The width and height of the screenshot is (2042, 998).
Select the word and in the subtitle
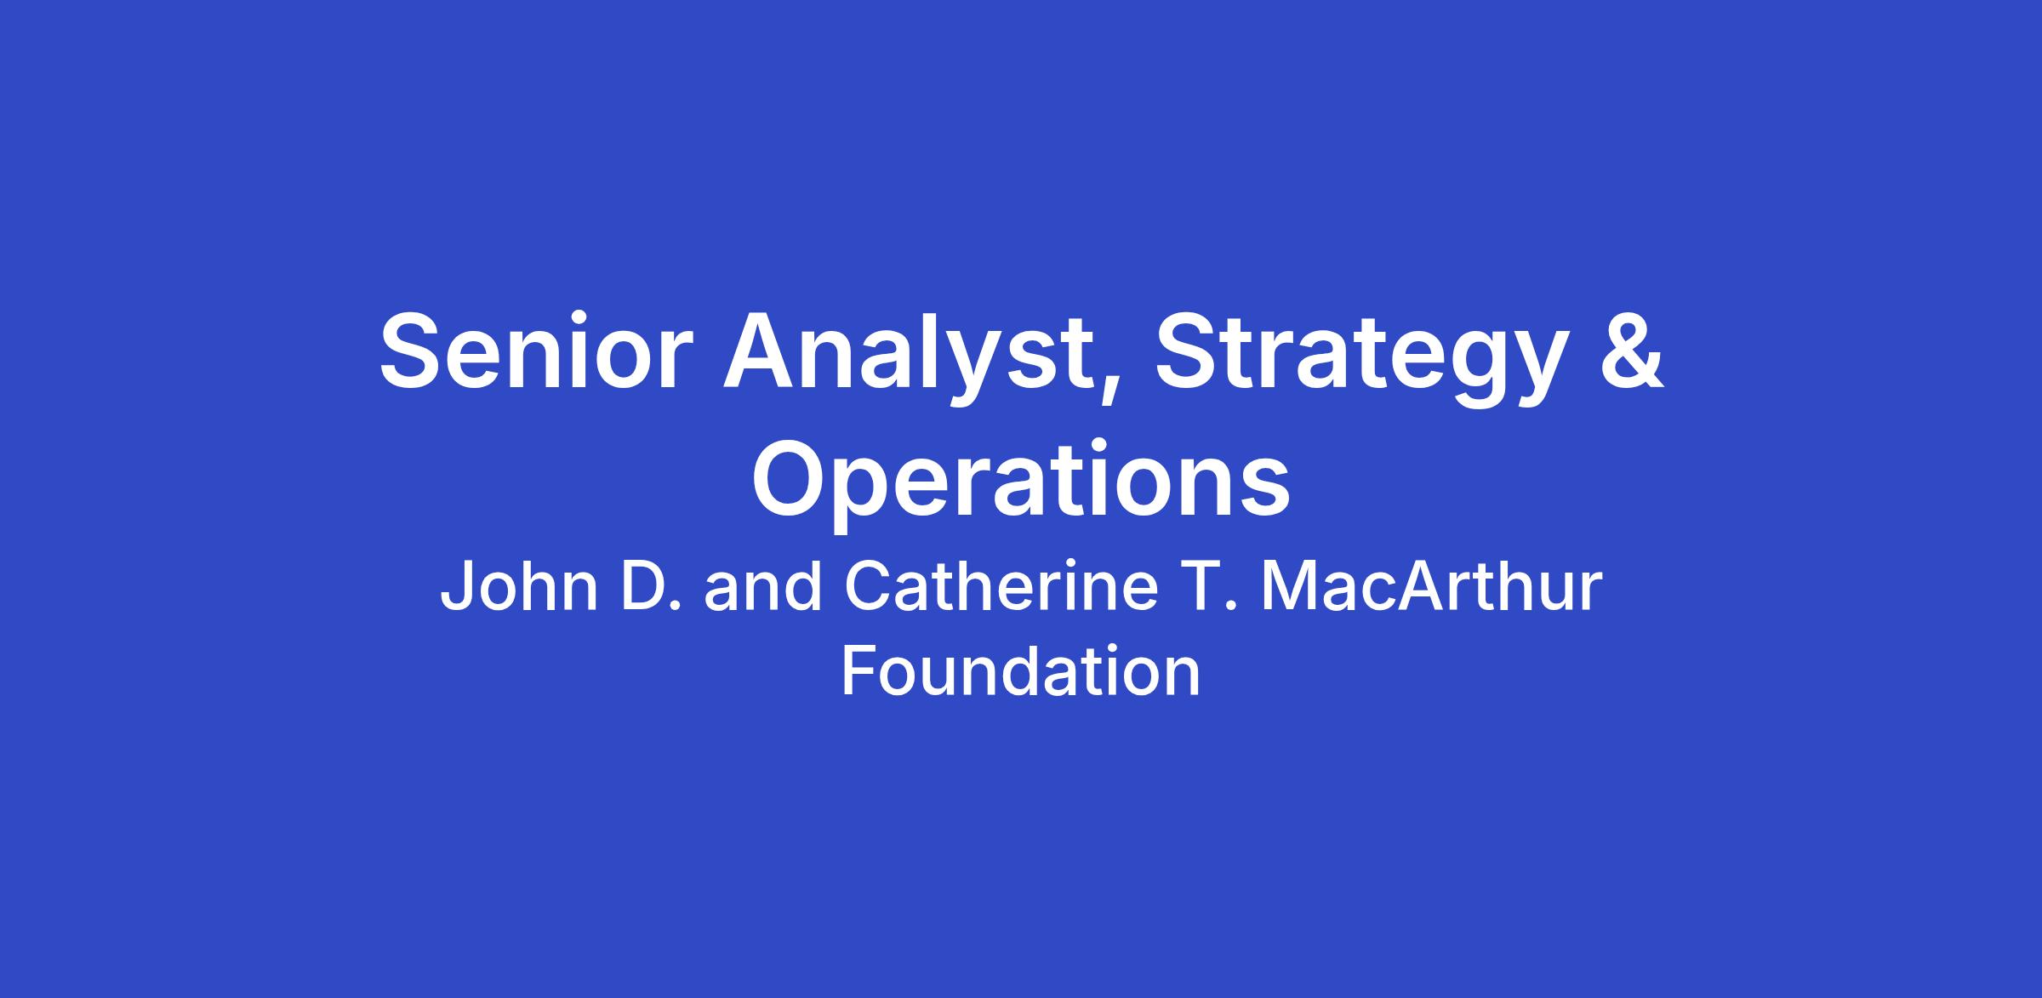tap(762, 588)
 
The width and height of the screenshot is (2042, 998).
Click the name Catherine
tap(1001, 588)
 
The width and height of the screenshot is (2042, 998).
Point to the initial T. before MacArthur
tap(1208, 588)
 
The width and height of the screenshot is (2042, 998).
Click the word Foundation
tap(1021, 670)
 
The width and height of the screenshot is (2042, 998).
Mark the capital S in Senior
tap(414, 351)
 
